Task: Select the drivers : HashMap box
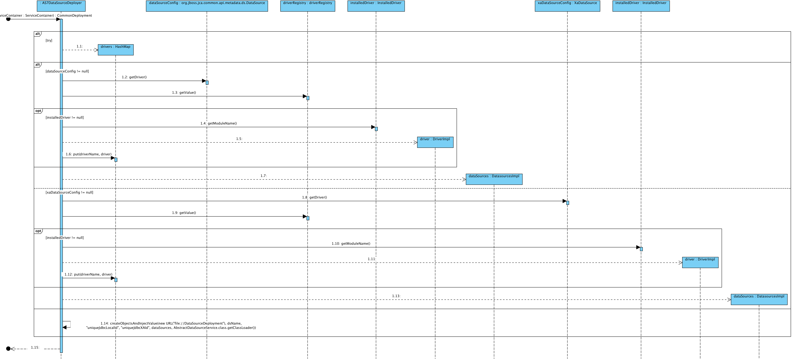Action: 116,50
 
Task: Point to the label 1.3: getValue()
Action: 184,93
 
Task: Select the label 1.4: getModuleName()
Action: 219,123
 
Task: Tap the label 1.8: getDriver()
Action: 314,197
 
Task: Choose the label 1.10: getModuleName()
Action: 351,243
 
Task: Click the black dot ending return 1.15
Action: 8,349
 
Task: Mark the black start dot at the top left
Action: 8,19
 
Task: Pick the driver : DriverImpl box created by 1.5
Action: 435,142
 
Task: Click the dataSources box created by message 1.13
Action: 759,299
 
